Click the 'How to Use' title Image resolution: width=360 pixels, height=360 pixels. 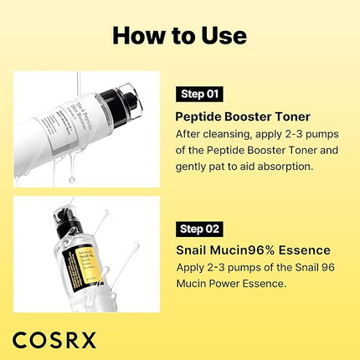point(180,35)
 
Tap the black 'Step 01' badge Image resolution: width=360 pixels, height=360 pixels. point(202,93)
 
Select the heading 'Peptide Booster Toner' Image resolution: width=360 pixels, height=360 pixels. point(244,116)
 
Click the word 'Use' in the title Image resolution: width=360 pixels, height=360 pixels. point(224,35)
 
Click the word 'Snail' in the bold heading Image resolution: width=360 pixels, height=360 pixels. point(193,249)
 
